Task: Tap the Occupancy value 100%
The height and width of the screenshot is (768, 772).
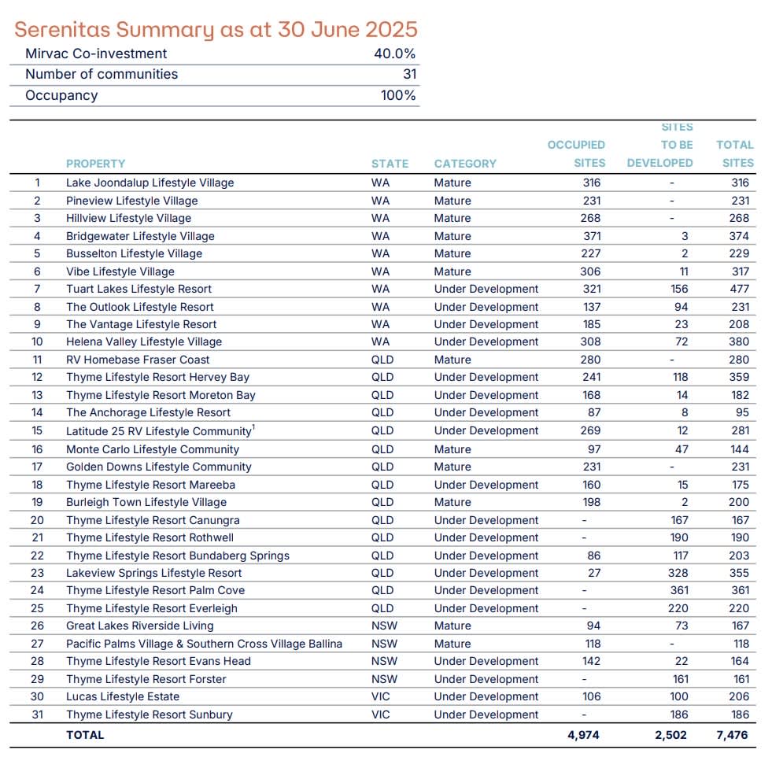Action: [398, 95]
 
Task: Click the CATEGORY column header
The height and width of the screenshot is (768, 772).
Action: [465, 164]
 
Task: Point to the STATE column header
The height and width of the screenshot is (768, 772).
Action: [390, 164]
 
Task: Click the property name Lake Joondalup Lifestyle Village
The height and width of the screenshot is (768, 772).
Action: [150, 183]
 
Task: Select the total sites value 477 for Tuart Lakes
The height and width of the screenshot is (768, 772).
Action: [739, 289]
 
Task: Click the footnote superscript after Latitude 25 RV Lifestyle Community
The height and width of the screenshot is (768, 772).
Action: [253, 427]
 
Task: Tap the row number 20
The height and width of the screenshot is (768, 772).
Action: [37, 520]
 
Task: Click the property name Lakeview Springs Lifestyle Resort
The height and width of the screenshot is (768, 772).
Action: [153, 573]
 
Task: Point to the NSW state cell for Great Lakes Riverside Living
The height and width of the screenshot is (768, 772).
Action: [384, 626]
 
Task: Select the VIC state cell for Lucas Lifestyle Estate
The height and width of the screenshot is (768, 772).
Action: [381, 696]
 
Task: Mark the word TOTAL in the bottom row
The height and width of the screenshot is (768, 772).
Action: [85, 735]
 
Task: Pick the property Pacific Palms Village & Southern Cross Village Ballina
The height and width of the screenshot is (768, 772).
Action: [204, 644]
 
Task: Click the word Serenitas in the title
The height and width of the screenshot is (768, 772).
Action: [62, 30]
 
